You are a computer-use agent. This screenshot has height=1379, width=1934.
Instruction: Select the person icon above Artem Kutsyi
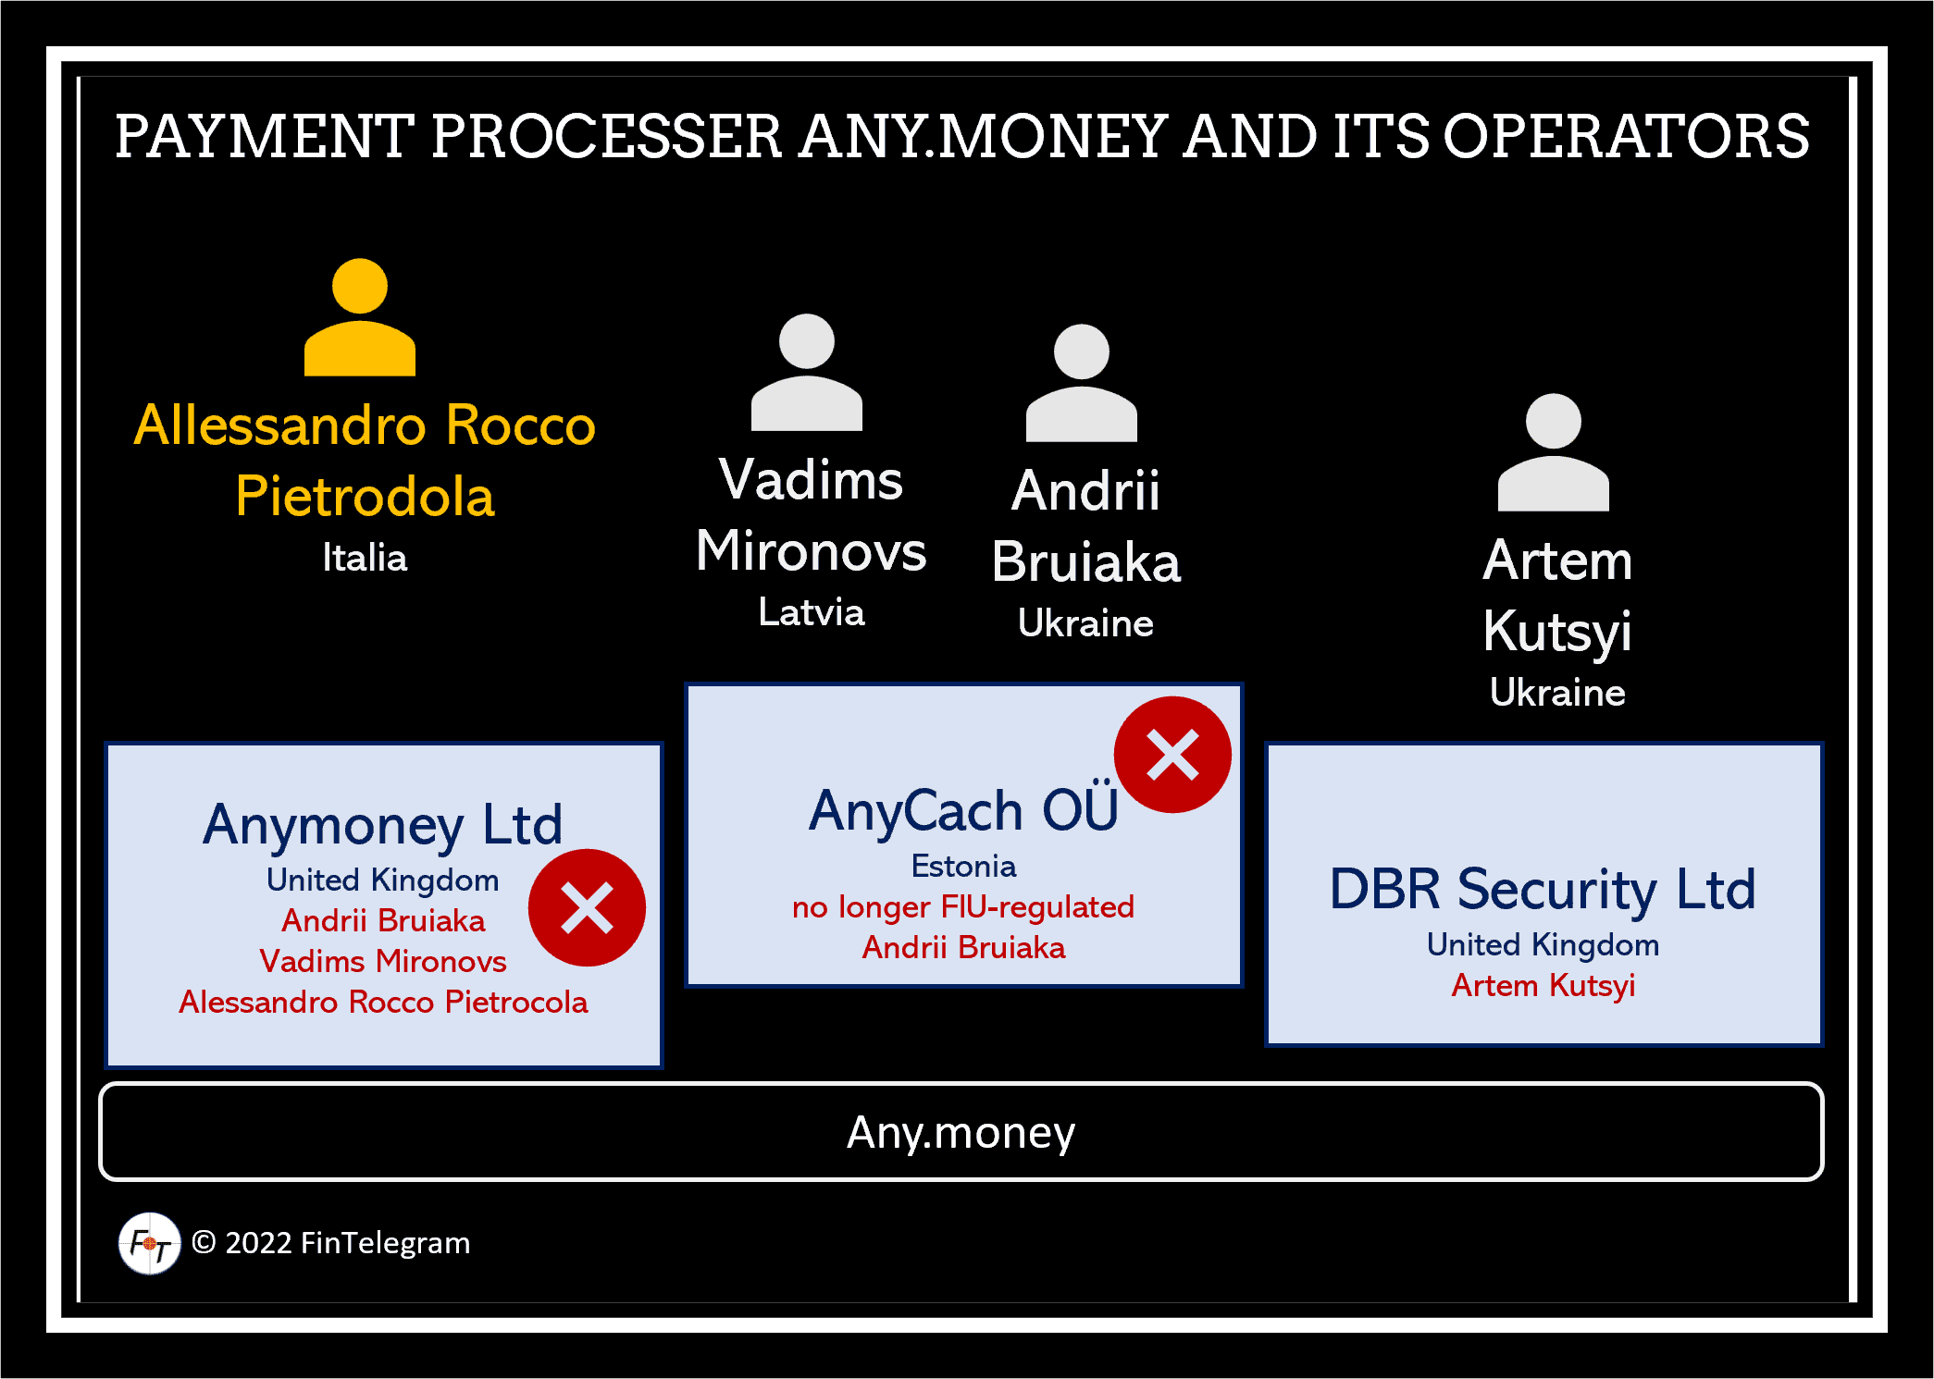pos(1553,452)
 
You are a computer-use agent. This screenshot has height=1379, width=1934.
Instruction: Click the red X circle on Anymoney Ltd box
pos(587,907)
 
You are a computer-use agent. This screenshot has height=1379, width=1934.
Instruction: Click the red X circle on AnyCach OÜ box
pos(1172,755)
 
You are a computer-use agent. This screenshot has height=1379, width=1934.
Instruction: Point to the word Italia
pos(365,558)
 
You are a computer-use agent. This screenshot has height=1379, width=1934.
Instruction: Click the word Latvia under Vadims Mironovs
pos(812,612)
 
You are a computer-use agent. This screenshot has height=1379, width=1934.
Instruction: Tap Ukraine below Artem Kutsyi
pos(1557,693)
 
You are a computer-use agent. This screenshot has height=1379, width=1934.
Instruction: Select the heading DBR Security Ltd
pos(1543,889)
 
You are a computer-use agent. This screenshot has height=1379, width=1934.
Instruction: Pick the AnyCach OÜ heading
pos(963,810)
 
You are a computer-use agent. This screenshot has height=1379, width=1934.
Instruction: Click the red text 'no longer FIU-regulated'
pos(963,906)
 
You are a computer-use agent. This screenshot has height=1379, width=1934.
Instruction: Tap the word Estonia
pos(963,866)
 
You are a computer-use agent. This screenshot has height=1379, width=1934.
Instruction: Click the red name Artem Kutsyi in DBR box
pos(1543,985)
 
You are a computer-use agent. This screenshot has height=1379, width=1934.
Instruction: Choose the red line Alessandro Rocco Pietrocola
pos(383,1002)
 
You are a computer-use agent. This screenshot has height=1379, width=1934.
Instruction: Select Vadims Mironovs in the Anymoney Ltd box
pos(383,961)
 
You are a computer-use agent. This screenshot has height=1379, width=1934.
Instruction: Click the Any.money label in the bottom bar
pos(961,1132)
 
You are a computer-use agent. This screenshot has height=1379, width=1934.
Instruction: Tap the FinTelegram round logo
pos(149,1243)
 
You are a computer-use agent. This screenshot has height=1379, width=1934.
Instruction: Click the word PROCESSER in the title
pos(607,136)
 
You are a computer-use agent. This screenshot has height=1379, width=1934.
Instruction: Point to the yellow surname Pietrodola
pos(365,496)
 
